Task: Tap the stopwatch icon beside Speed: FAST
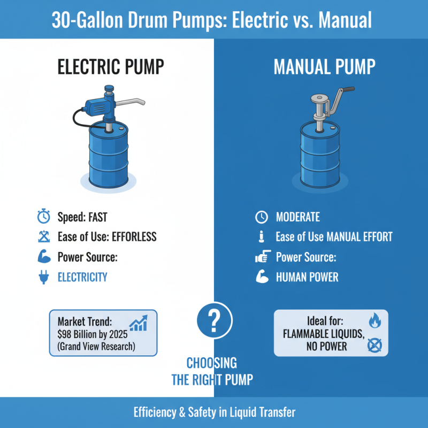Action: (x=43, y=217)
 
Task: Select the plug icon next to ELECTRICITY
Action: (x=43, y=277)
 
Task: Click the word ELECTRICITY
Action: (x=82, y=277)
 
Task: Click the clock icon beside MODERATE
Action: (x=261, y=217)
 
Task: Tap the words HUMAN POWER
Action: (x=307, y=278)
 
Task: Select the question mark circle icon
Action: (x=214, y=320)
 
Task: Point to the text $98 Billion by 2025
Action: (x=90, y=334)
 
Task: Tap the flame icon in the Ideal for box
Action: (x=374, y=320)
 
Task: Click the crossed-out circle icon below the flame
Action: (x=374, y=346)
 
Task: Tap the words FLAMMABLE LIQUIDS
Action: (x=324, y=334)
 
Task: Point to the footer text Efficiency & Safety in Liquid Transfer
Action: (x=214, y=412)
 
